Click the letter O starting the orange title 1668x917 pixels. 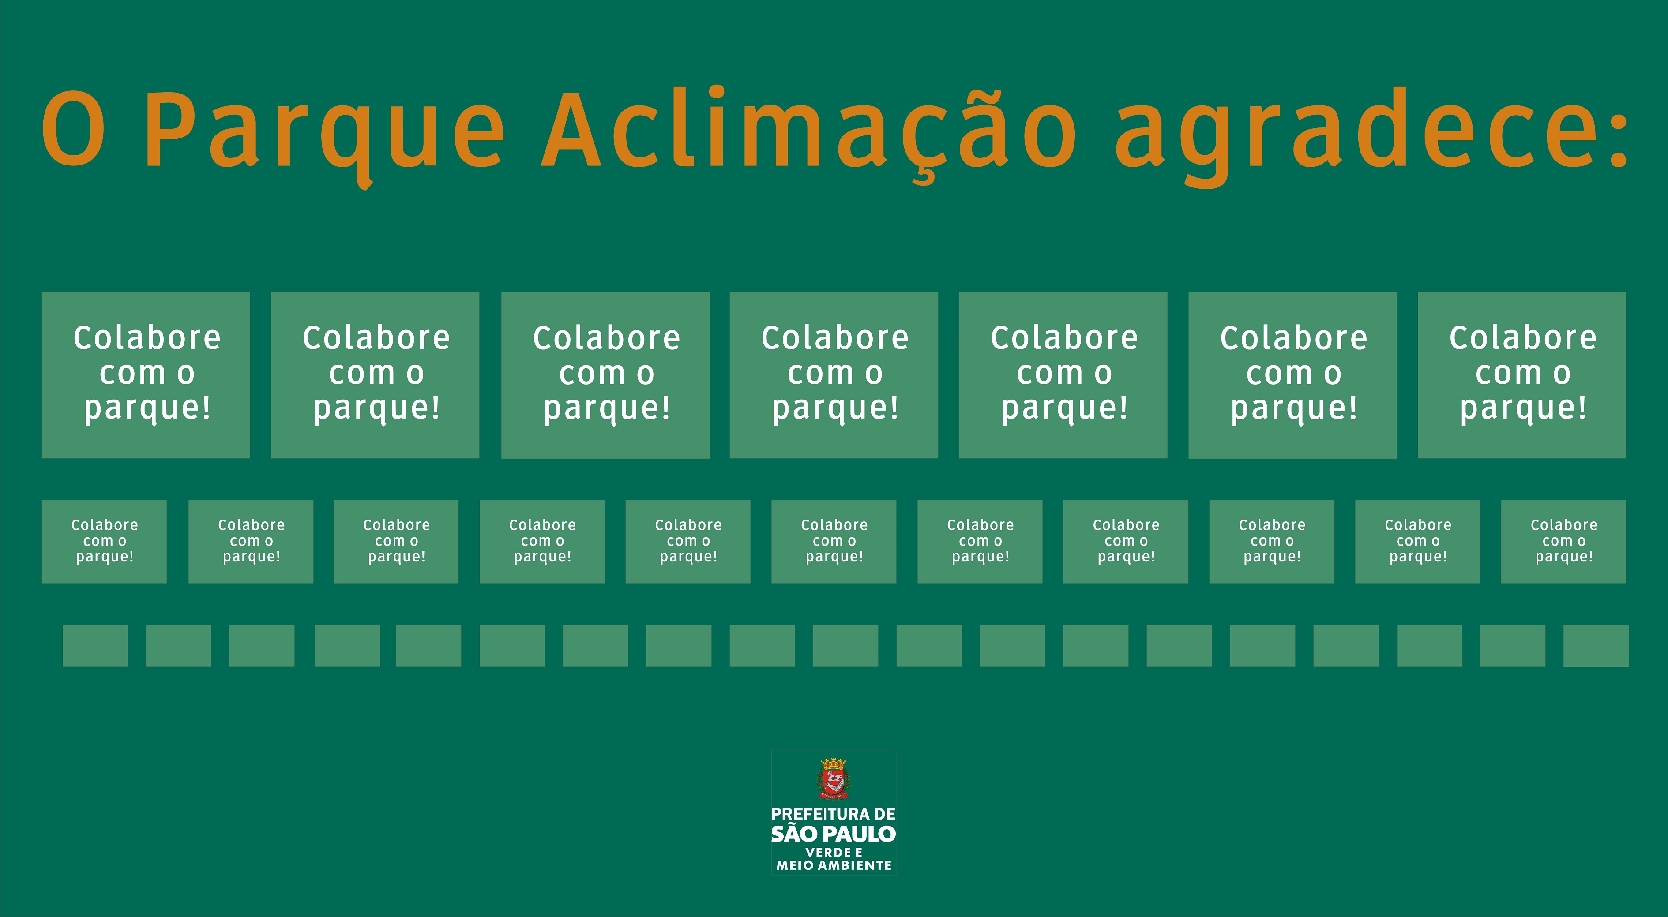tap(73, 128)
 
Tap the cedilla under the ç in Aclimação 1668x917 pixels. tap(923, 177)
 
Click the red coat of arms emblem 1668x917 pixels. tap(834, 779)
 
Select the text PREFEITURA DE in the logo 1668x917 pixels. tap(834, 814)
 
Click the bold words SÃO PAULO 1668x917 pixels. tap(834, 834)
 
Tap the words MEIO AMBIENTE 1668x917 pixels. tap(834, 865)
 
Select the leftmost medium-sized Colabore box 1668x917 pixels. tap(104, 542)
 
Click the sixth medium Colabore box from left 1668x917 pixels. tap(834, 542)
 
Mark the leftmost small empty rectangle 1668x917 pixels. tap(95, 646)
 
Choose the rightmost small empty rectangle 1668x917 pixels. tap(1596, 646)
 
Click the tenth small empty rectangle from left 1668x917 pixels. tap(845, 646)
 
